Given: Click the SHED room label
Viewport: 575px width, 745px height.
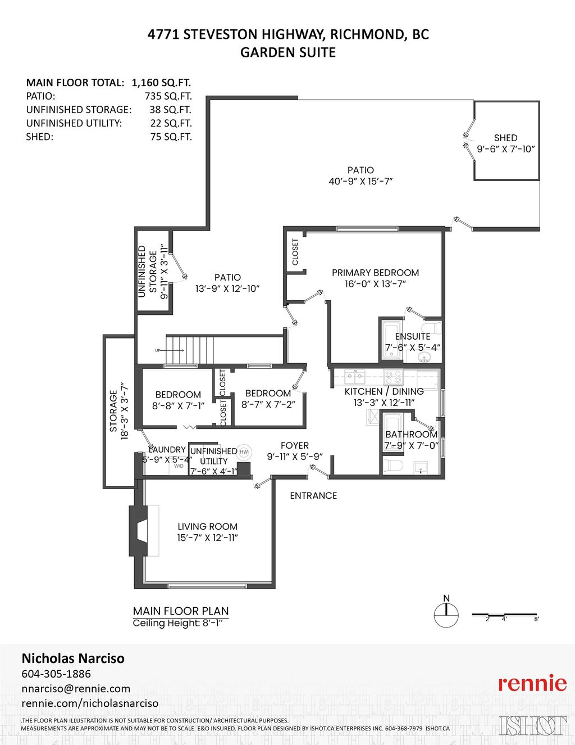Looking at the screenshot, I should click(505, 138).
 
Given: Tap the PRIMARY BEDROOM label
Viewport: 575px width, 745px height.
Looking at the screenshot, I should click(375, 273).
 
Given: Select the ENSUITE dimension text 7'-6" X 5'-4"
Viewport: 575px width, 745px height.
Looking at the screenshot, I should click(413, 347).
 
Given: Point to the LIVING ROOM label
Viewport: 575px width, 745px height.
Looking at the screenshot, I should click(207, 527).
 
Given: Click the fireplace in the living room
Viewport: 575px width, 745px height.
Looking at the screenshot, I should click(139, 531).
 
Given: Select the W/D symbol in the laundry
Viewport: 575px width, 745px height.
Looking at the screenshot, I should click(179, 466).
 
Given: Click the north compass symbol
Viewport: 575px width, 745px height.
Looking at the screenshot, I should click(446, 614).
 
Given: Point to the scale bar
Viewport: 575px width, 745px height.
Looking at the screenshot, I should click(504, 615).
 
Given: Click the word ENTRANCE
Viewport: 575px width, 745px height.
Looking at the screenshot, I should click(313, 495).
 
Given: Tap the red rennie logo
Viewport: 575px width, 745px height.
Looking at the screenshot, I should click(532, 683).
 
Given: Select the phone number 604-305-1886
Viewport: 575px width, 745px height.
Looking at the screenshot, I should click(56, 674).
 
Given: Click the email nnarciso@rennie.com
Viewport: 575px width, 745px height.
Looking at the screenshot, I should click(76, 688).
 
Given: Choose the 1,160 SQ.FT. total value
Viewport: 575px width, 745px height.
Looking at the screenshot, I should click(161, 83).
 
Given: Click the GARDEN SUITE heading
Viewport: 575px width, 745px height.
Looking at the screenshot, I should click(287, 52).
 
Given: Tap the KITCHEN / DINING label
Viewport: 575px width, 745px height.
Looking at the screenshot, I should click(384, 391).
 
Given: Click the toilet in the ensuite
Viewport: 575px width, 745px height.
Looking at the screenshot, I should click(433, 329).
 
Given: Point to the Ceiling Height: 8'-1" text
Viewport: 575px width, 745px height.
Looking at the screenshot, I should click(181, 623).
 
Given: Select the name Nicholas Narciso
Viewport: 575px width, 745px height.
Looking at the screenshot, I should click(73, 658).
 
